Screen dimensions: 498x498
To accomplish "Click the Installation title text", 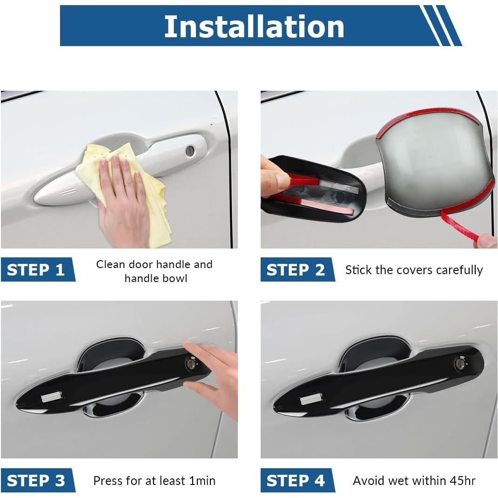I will (254, 26).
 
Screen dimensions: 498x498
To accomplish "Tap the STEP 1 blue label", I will (36, 270).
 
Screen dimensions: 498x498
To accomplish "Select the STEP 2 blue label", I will (296, 270).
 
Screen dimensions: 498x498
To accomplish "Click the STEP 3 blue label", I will (36, 480).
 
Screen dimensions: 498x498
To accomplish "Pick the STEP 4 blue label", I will (296, 480).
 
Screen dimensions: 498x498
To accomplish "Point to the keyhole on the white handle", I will (190, 150).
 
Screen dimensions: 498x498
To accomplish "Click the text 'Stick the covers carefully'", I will (414, 270).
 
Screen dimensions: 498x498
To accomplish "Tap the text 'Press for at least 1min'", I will (154, 480).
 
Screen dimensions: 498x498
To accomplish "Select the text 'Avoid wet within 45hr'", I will (414, 480).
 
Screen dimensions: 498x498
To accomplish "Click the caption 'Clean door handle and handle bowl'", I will (154, 271).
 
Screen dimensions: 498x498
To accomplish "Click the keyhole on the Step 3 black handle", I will (191, 363).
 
